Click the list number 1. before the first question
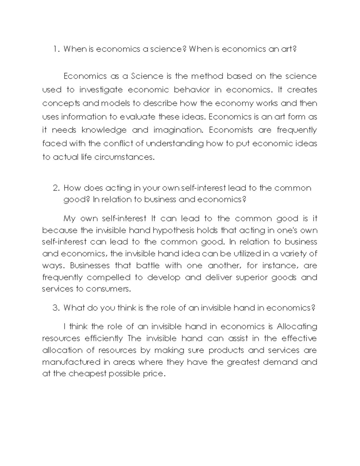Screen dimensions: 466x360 point(56,49)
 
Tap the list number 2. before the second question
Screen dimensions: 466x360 point(56,188)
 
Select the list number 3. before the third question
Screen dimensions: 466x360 point(56,308)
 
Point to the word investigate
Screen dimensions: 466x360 point(101,90)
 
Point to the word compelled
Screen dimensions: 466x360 point(109,278)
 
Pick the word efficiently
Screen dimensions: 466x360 point(104,338)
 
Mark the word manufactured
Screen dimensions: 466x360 point(71,362)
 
